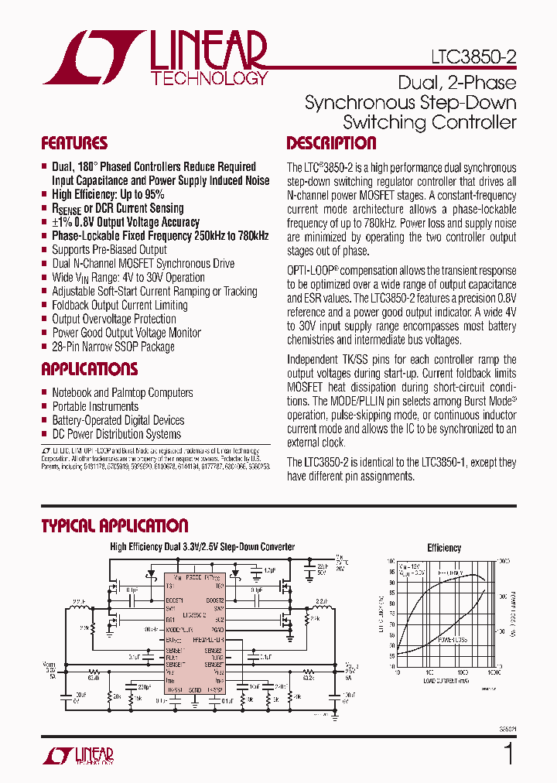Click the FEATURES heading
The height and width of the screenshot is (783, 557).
(x=74, y=143)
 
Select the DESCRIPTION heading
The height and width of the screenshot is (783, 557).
(x=331, y=143)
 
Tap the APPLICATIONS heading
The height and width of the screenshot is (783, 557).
(x=89, y=369)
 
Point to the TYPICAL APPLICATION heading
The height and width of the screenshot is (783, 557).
(x=114, y=526)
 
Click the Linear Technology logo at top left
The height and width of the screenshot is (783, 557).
(x=155, y=57)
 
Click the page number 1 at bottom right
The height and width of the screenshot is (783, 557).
(x=508, y=754)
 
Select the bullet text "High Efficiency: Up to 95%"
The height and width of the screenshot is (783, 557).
(x=108, y=194)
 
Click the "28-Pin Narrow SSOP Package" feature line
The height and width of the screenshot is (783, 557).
(x=113, y=347)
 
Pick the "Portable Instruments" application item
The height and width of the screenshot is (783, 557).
(x=95, y=406)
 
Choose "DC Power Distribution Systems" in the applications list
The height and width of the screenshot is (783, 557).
(x=116, y=434)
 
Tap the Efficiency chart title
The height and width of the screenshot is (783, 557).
(x=444, y=548)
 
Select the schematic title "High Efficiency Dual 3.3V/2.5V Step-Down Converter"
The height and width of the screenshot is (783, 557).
(x=202, y=547)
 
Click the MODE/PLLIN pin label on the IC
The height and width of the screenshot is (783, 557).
(x=179, y=631)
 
